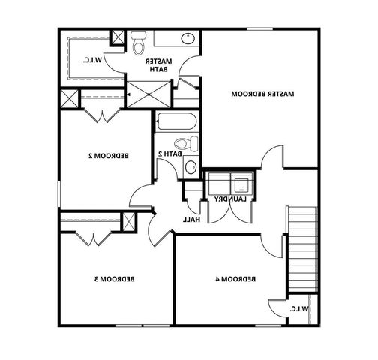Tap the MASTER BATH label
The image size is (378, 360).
(x=158, y=64)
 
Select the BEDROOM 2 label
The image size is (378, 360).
(x=106, y=156)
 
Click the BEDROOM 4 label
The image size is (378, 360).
(x=235, y=279)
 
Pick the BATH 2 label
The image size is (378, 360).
(x=169, y=154)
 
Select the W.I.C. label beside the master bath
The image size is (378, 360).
(x=92, y=59)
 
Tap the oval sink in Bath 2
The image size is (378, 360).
(x=190, y=166)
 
